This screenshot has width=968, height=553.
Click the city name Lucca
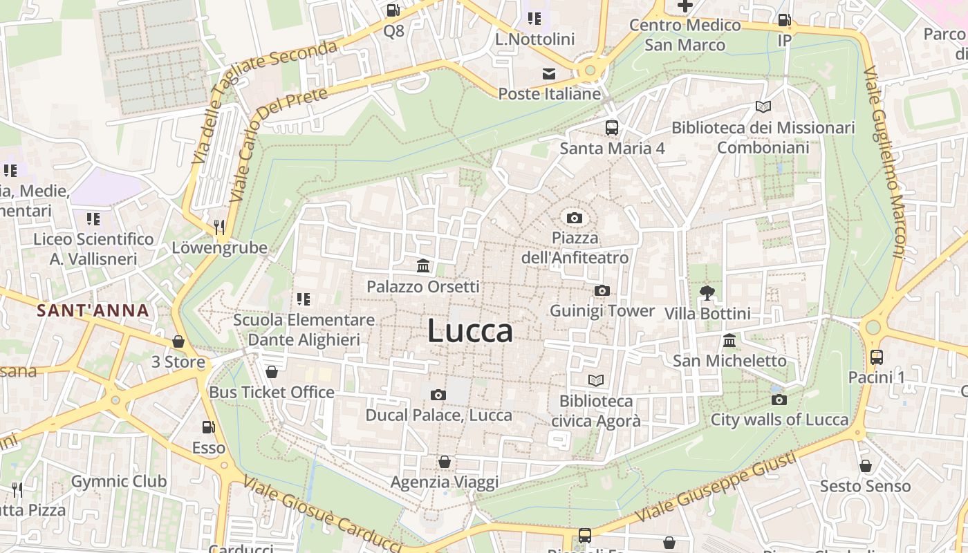click(x=470, y=331)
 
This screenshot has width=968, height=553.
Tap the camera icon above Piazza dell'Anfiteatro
click(x=574, y=218)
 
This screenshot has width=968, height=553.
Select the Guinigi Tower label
click(x=602, y=311)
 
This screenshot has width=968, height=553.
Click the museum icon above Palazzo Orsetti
click(x=423, y=266)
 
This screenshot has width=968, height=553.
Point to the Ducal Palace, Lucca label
click(x=438, y=415)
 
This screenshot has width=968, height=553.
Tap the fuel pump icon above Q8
click(x=393, y=10)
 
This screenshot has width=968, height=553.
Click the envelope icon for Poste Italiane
click(x=549, y=74)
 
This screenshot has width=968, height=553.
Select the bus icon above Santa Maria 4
click(x=612, y=128)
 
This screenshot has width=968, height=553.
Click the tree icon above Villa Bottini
click(x=707, y=293)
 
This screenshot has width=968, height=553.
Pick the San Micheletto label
click(x=729, y=361)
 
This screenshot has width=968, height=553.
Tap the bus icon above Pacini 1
click(x=877, y=357)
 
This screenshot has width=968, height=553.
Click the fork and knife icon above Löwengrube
click(x=219, y=227)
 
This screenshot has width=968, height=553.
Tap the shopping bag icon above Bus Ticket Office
click(x=272, y=373)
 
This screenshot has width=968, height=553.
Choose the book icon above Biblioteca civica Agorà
click(x=595, y=380)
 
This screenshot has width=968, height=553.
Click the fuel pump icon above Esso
click(x=208, y=427)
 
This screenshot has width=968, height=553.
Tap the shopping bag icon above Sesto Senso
click(x=865, y=467)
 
